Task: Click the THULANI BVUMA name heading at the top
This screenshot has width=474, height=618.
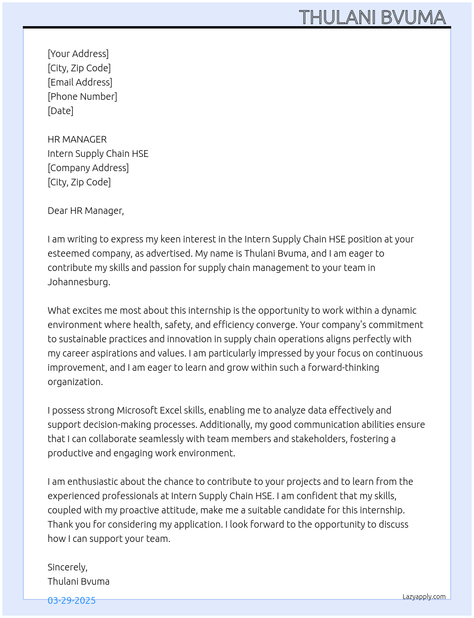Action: pyautogui.click(x=372, y=17)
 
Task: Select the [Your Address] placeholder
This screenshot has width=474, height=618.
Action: pyautogui.click(x=78, y=54)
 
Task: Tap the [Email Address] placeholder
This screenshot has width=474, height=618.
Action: pyautogui.click(x=80, y=82)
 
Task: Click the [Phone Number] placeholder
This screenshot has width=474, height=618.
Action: pyautogui.click(x=82, y=97)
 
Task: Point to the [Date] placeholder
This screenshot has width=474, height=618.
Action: pyautogui.click(x=60, y=111)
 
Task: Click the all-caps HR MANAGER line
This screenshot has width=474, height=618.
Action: pyautogui.click(x=77, y=139)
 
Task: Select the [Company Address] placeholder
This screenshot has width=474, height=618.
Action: pyautogui.click(x=88, y=168)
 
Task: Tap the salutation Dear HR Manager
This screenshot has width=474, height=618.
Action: pyautogui.click(x=86, y=211)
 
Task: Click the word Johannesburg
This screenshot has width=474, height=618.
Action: pyautogui.click(x=79, y=282)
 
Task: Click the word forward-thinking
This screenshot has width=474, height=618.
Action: pyautogui.click(x=344, y=367)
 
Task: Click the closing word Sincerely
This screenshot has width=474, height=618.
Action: pyautogui.click(x=67, y=567)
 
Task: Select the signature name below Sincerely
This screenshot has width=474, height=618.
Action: pyautogui.click(x=79, y=581)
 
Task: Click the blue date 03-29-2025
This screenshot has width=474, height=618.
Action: pyautogui.click(x=71, y=600)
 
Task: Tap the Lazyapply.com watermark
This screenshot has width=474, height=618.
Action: pyautogui.click(x=424, y=597)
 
